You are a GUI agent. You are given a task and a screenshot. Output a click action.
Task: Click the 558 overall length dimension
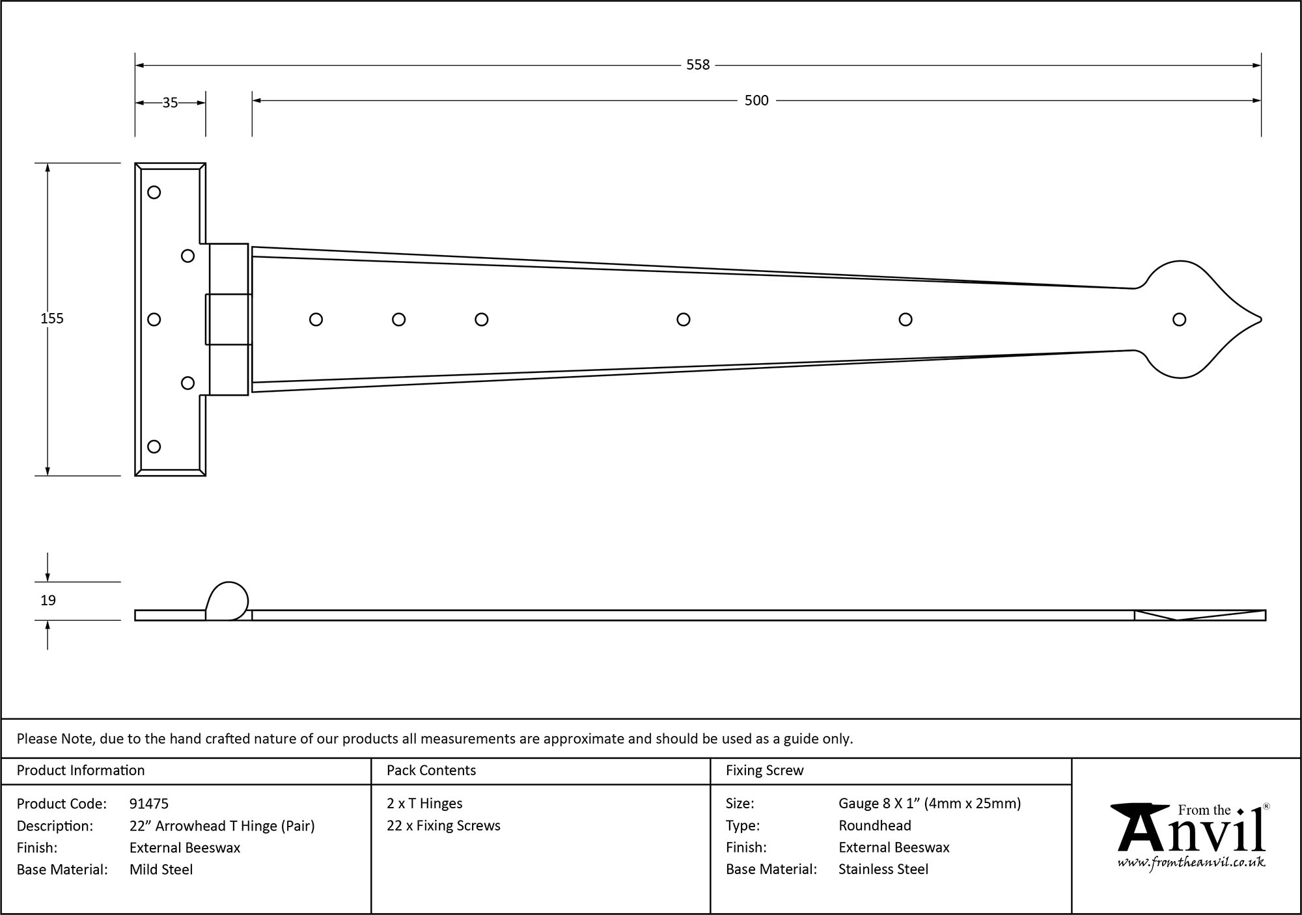698,65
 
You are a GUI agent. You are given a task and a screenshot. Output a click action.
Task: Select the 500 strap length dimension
756,101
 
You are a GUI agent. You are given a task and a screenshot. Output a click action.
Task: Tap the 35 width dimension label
170,103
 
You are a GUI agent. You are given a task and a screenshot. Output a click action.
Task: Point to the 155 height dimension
52,318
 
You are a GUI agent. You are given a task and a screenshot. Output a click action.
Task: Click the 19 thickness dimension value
48,600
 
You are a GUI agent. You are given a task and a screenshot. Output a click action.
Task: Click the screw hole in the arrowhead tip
1179,320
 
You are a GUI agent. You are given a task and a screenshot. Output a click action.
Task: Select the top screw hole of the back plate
154,192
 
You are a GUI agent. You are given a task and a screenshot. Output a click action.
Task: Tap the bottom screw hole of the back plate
154,446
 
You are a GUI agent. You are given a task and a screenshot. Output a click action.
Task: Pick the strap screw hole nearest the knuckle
316,320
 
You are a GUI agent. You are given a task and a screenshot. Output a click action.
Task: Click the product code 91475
149,804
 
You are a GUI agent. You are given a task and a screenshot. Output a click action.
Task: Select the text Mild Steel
161,869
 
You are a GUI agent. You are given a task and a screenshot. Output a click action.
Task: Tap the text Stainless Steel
883,869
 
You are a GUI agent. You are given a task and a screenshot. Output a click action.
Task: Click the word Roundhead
874,826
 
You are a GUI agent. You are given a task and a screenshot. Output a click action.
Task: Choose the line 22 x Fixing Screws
443,826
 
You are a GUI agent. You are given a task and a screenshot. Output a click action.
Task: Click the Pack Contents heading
431,771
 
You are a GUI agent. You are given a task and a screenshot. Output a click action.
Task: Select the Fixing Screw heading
764,771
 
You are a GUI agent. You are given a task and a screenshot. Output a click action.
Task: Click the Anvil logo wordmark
1191,833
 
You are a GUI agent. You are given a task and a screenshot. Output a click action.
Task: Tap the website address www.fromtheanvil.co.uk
1191,863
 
